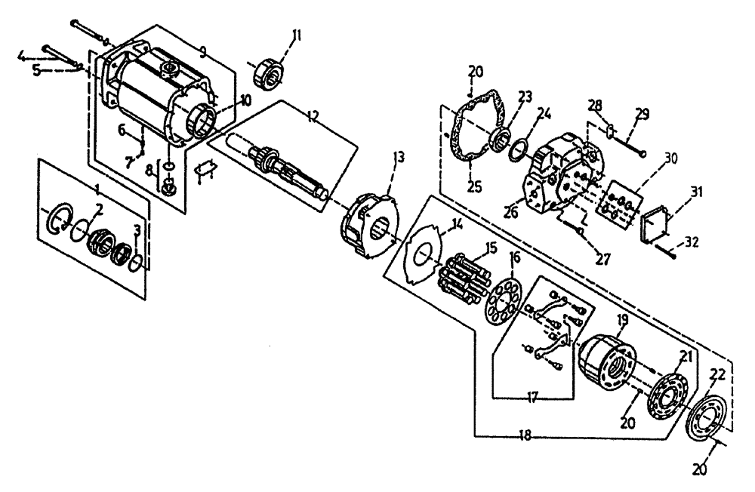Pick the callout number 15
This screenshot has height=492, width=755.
pos(490,247)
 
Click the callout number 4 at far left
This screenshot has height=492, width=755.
pos(22,55)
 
